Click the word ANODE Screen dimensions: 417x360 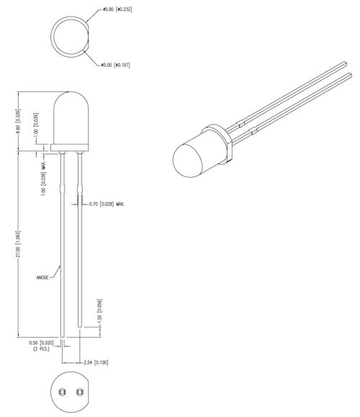pos(45,277)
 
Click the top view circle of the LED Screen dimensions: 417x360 pos(68,36)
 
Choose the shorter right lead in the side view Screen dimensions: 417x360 pos(80,238)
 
